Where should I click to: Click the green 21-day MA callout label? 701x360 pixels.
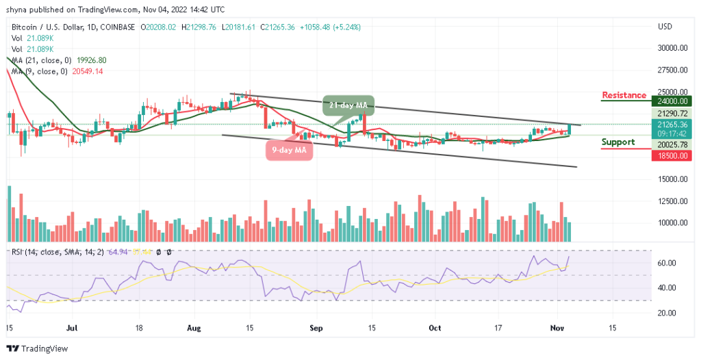(348, 105)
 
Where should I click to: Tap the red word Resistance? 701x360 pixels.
(624, 95)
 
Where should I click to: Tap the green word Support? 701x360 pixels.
(618, 142)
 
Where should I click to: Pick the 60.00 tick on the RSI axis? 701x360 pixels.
(667, 263)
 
